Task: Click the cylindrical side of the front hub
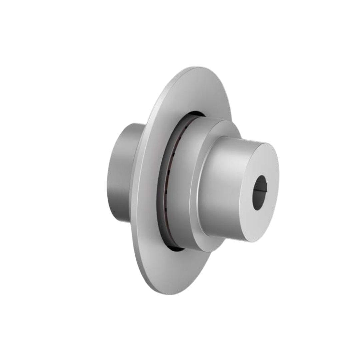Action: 227,187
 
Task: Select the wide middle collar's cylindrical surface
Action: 182,187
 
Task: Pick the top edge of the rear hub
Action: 132,125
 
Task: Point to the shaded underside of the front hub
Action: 227,230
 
